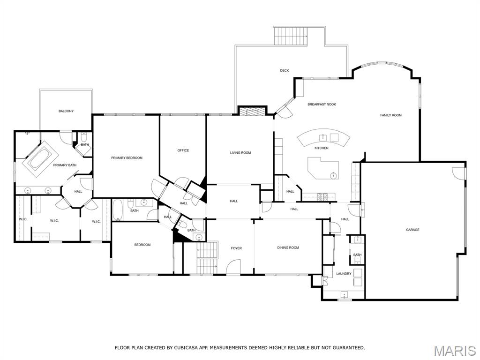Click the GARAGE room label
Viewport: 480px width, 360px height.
[x=412, y=230]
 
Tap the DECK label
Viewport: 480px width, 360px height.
[x=285, y=71]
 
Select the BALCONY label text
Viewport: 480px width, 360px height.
[x=66, y=111]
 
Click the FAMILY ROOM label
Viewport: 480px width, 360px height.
[x=390, y=115]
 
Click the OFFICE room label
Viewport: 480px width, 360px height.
[x=183, y=150]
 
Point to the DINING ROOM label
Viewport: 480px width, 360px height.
[x=288, y=247]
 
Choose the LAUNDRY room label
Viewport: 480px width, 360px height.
[x=344, y=274]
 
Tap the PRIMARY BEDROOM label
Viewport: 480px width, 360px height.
[x=127, y=158]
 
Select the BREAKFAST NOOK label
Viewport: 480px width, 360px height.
[x=322, y=104]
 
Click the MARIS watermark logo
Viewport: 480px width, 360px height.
[x=455, y=351]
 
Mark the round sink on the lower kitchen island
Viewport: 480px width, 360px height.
[x=333, y=176]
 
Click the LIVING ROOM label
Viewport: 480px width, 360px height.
[x=240, y=153]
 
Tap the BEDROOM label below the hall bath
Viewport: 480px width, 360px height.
[x=142, y=245]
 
